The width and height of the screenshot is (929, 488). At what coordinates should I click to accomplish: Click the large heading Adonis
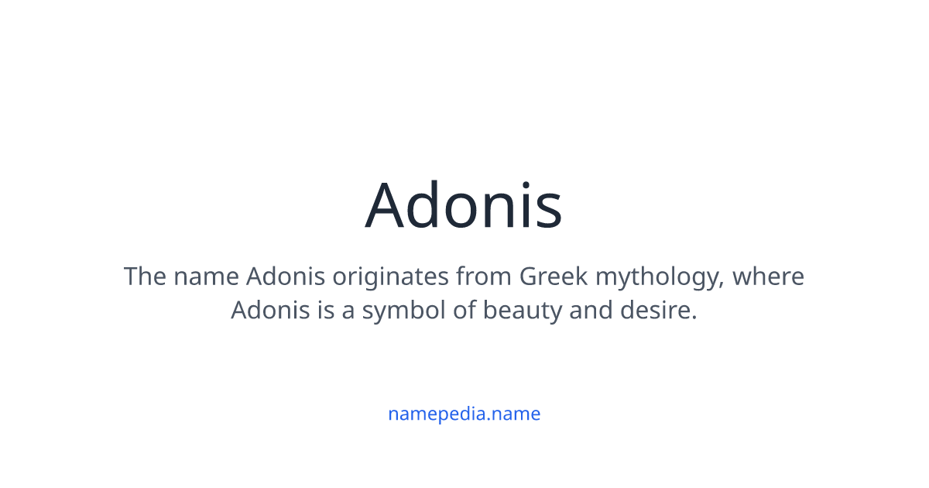[464, 206]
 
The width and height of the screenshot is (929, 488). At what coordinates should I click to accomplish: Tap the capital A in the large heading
[389, 206]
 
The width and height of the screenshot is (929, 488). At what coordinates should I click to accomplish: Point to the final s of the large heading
[549, 211]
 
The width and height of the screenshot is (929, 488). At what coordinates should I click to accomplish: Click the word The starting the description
[145, 277]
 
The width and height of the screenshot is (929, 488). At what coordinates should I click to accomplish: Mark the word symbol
[399, 312]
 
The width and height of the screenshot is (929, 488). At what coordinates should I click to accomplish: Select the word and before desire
[588, 311]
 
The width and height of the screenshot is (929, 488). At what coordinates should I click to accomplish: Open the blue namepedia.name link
[464, 414]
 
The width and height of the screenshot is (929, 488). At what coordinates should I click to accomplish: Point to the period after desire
[694, 318]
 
